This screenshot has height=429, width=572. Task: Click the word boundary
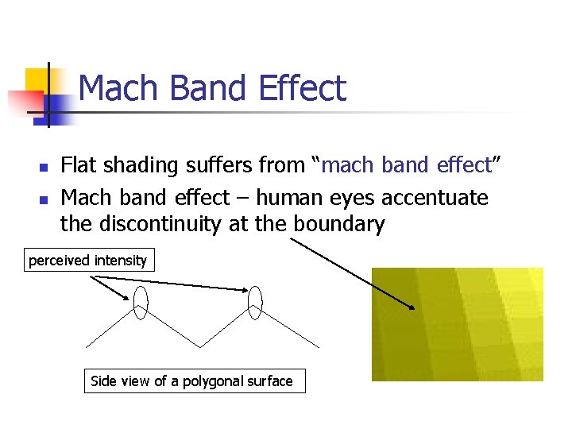pyautogui.click(x=339, y=224)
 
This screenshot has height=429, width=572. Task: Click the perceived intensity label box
pyautogui.click(x=88, y=261)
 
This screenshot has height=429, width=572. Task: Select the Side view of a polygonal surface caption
pyautogui.click(x=191, y=381)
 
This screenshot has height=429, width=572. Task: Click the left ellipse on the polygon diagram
pyautogui.click(x=141, y=302)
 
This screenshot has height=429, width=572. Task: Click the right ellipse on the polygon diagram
pyautogui.click(x=255, y=302)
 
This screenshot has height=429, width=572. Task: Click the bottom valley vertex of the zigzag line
pyautogui.click(x=198, y=347)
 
